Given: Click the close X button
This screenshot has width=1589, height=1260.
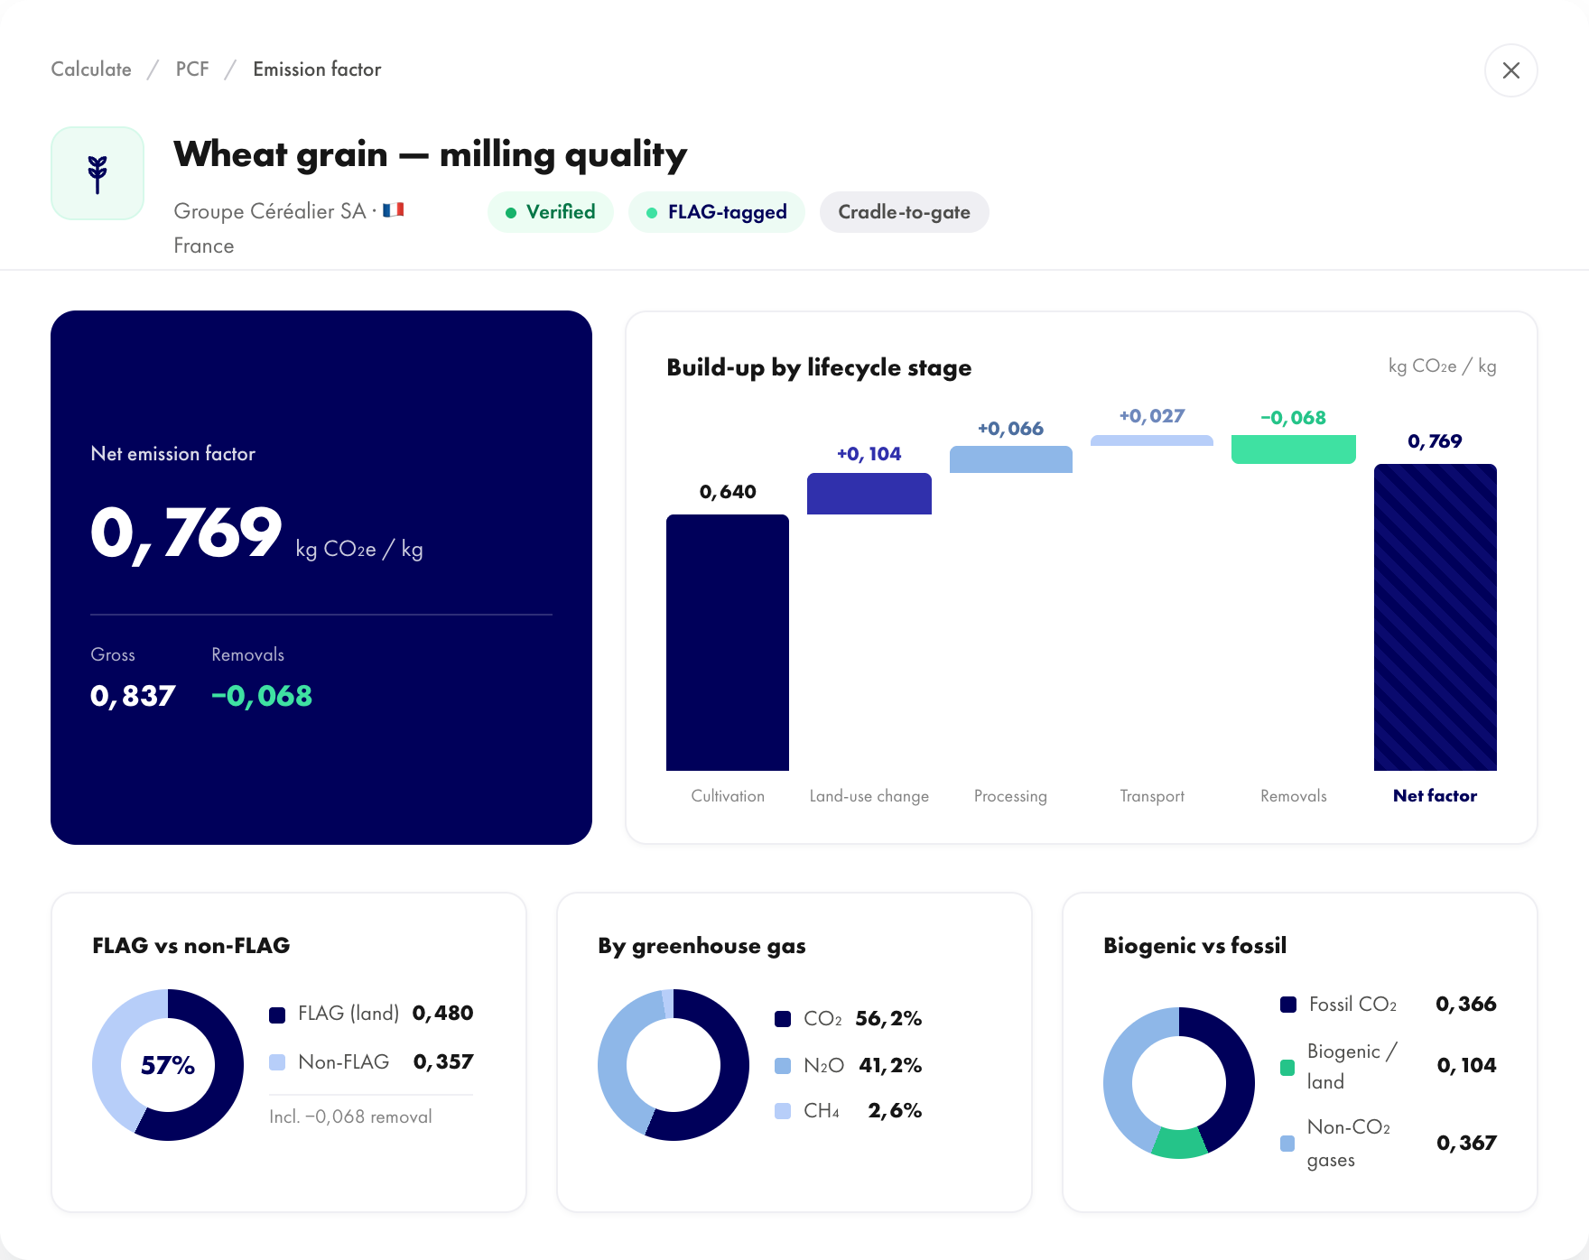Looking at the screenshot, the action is coord(1510,70).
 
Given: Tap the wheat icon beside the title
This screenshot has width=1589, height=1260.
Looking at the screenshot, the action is coord(98,173).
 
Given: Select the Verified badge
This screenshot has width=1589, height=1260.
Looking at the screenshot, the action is coord(551,212).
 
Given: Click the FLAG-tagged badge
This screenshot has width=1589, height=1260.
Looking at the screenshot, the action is coord(717,212).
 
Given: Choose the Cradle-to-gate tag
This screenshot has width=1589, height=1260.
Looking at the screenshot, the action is coord(904,212).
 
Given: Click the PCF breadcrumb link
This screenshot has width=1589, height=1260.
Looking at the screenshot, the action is coord(192,69).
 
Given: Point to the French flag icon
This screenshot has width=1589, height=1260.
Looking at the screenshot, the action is coord(393,210).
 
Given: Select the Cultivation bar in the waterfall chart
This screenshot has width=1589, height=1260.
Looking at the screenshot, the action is coord(728,643).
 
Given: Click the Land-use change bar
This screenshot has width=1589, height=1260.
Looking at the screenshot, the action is coord(869,494).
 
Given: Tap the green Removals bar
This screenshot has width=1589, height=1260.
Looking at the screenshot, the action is coord(1294,449).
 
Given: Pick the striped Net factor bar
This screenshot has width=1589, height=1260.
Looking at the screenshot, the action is coord(1436,617).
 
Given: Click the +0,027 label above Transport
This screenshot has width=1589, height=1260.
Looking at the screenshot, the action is coord(1152,416).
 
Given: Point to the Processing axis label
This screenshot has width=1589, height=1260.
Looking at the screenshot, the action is coord(1010,796).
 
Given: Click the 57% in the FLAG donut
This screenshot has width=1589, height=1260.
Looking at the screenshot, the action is coord(168,1066).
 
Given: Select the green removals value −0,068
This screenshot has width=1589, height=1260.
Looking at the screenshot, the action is coord(262,696).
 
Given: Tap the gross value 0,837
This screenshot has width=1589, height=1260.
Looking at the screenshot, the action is coord(133,696).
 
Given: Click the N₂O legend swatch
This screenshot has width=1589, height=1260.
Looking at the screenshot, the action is coord(783,1066).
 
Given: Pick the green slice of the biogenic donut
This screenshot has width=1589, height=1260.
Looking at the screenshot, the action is coord(1179,1144).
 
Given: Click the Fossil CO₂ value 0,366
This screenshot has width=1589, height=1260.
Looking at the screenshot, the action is coord(1466,1005).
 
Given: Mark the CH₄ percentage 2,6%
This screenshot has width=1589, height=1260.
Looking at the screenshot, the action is coord(895,1111).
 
